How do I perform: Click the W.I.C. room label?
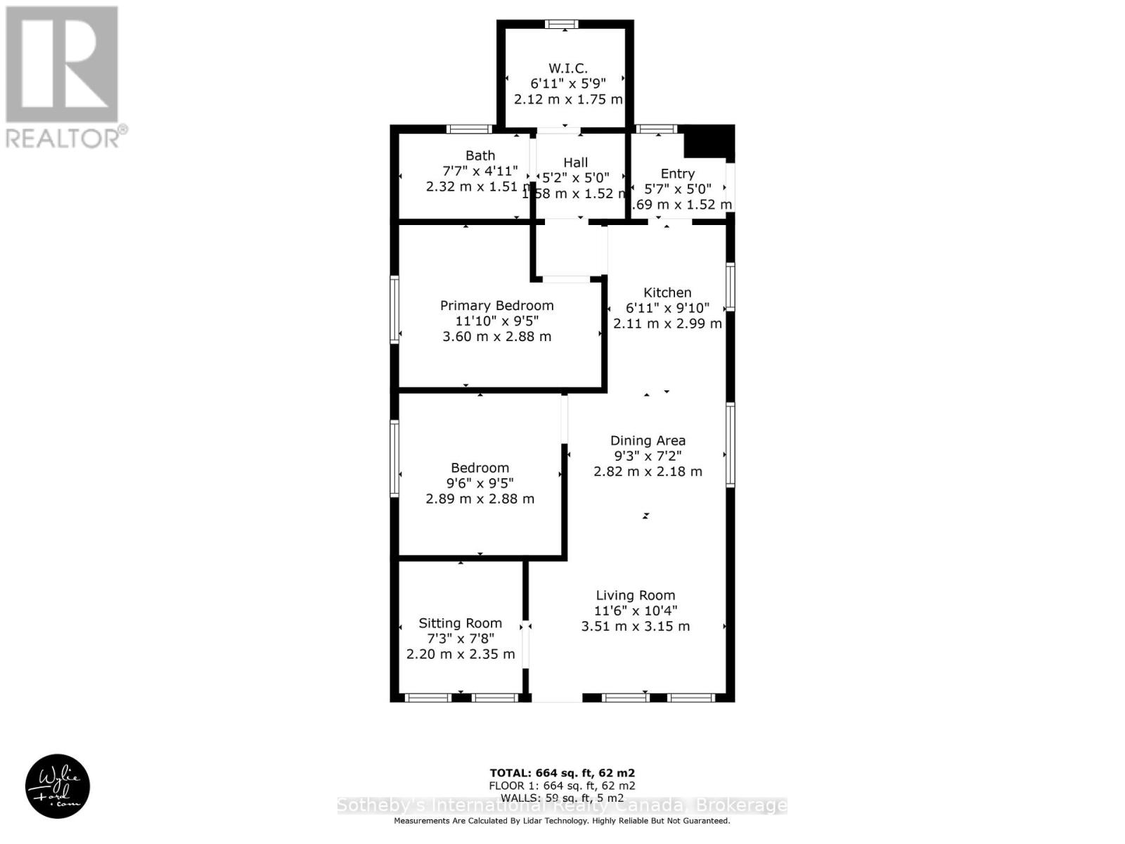(567, 68)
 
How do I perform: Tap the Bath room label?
(480, 155)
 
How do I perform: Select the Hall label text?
(575, 162)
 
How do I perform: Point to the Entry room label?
(678, 174)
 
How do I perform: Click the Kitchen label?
(667, 293)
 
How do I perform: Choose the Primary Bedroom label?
(496, 305)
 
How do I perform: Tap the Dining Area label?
(648, 441)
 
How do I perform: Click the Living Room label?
(636, 596)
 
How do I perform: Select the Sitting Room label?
(461, 623)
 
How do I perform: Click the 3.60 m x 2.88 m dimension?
(496, 337)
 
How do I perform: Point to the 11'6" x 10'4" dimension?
(636, 611)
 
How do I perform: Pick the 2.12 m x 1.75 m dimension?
(568, 99)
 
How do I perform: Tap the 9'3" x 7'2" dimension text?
(648, 456)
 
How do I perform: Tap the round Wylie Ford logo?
(58, 786)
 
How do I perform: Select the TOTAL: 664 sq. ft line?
(562, 773)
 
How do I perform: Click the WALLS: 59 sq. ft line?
(562, 798)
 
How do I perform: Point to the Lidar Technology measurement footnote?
(562, 821)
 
